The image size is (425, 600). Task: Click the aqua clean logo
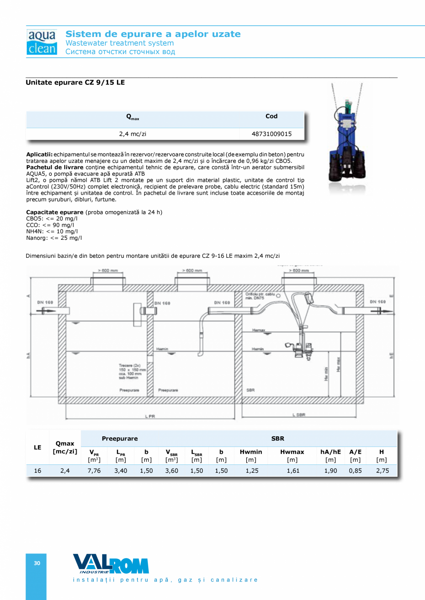pyautogui.click(x=42, y=42)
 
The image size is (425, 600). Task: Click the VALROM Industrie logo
pyautogui.click(x=110, y=564)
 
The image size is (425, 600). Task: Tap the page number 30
pyautogui.click(x=37, y=563)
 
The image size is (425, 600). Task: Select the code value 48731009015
pyautogui.click(x=272, y=134)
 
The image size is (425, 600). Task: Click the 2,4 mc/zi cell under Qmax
pyautogui.click(x=133, y=134)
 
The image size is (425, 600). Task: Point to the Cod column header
pyautogui.click(x=272, y=116)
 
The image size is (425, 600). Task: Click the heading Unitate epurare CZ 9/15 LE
pyautogui.click(x=75, y=83)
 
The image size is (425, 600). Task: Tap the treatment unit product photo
pyautogui.click(x=346, y=138)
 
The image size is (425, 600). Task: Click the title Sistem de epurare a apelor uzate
pyautogui.click(x=153, y=34)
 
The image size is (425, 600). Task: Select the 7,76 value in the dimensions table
pyautogui.click(x=94, y=471)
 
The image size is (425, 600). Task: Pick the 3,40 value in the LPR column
pyautogui.click(x=121, y=471)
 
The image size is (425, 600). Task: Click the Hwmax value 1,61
pyautogui.click(x=292, y=471)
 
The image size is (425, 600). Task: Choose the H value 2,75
pyautogui.click(x=382, y=471)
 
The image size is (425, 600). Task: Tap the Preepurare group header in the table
pyautogui.click(x=120, y=439)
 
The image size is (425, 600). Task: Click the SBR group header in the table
pyautogui.click(x=278, y=439)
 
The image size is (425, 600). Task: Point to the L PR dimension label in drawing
pyautogui.click(x=150, y=416)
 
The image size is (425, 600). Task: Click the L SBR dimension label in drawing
pyautogui.click(x=298, y=415)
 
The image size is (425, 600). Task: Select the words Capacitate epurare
pyautogui.click(x=55, y=212)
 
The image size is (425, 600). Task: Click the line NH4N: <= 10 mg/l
pyautogui.click(x=52, y=232)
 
